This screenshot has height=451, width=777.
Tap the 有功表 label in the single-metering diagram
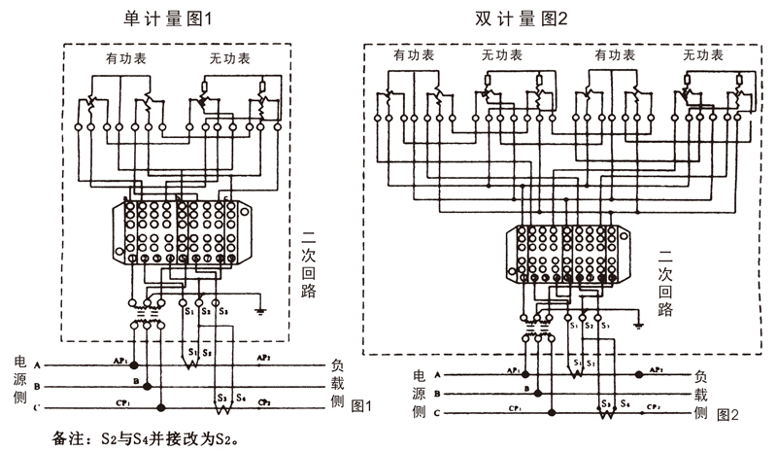tap(127, 59)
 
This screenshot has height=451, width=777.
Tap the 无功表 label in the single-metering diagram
tap(230, 59)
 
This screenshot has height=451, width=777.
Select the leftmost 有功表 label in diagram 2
tap(414, 56)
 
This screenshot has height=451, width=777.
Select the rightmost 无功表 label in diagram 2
tap(702, 56)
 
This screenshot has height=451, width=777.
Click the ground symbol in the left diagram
tap(261, 312)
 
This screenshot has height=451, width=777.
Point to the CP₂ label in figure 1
tap(264, 401)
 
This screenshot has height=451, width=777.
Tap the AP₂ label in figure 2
tap(657, 370)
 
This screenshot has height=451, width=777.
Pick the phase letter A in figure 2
tap(436, 374)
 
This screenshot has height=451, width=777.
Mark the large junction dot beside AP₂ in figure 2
tap(637, 374)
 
